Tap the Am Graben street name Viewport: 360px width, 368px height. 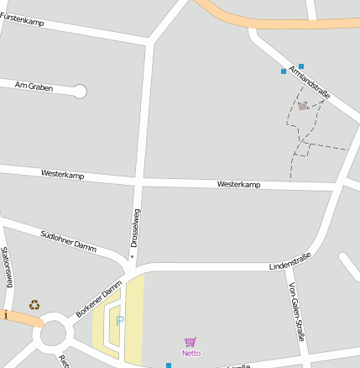click(x=34, y=87)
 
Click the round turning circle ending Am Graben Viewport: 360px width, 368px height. click(x=80, y=92)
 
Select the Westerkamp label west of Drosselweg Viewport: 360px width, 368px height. click(x=63, y=174)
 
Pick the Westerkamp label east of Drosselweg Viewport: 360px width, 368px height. click(x=239, y=184)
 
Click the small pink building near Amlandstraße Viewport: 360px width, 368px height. click(x=302, y=106)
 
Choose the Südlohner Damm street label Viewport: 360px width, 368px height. click(x=68, y=240)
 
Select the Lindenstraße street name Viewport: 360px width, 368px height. click(x=290, y=261)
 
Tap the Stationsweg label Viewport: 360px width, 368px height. click(x=7, y=267)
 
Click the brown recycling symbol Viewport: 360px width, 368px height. click(x=34, y=305)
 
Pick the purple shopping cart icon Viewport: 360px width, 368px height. click(x=190, y=342)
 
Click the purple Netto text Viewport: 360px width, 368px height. click(x=191, y=353)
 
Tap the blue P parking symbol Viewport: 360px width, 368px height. click(x=119, y=321)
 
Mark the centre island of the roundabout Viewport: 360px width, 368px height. click(x=54, y=334)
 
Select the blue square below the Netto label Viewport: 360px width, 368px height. click(x=169, y=365)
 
